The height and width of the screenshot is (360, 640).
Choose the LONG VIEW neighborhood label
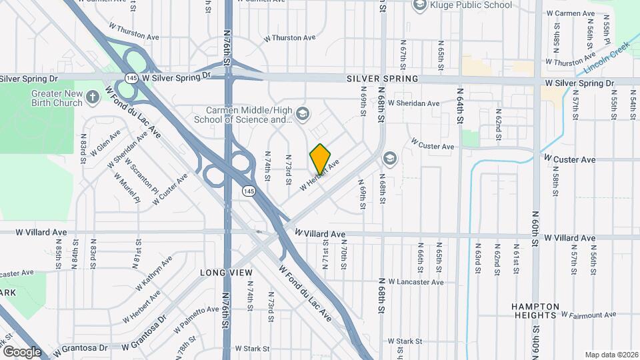coord(227,273)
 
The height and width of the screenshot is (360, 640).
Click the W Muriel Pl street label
coord(127,188)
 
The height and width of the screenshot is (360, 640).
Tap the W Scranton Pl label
coord(141,176)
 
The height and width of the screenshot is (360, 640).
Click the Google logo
coord(22,351)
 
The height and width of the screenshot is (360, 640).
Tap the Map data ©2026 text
coord(610,354)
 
